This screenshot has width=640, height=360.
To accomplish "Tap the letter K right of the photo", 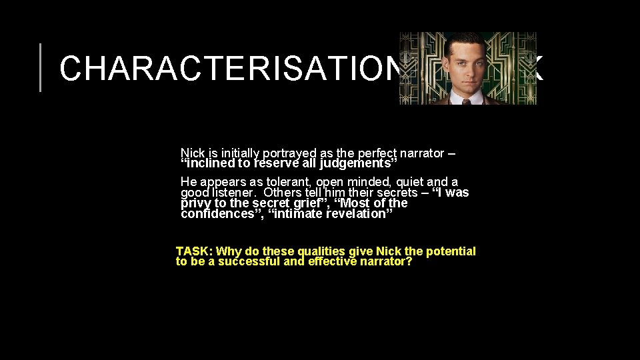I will pos(537,68).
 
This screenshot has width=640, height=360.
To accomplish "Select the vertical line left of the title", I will pos(41,67).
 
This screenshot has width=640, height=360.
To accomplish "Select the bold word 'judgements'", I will pos(357,163).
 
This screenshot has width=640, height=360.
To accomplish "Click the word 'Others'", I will pos(283,193).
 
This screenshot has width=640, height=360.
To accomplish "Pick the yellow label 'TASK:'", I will pos(194,251).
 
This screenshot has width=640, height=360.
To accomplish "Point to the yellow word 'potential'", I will pos(451,251).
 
